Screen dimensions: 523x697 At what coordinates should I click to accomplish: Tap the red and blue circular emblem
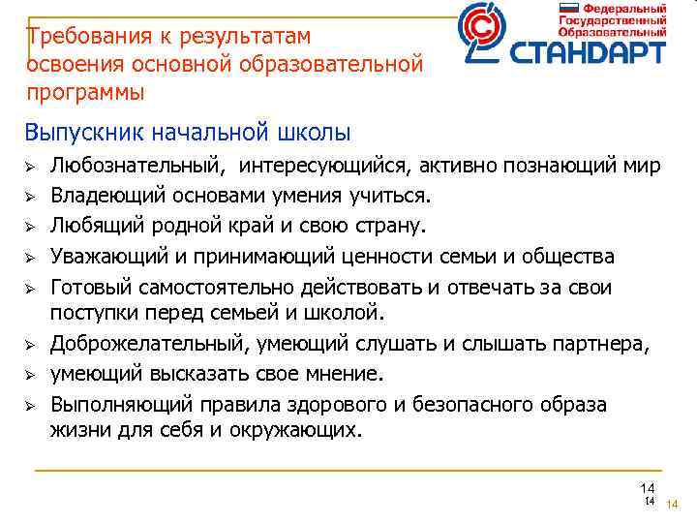(x=482, y=33)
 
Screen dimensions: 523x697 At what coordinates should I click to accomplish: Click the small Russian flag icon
(x=567, y=8)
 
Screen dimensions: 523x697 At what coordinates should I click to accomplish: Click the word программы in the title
(x=86, y=93)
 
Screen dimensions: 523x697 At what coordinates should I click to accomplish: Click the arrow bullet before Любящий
(x=30, y=228)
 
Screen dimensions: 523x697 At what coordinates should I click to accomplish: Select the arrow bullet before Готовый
(x=30, y=288)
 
